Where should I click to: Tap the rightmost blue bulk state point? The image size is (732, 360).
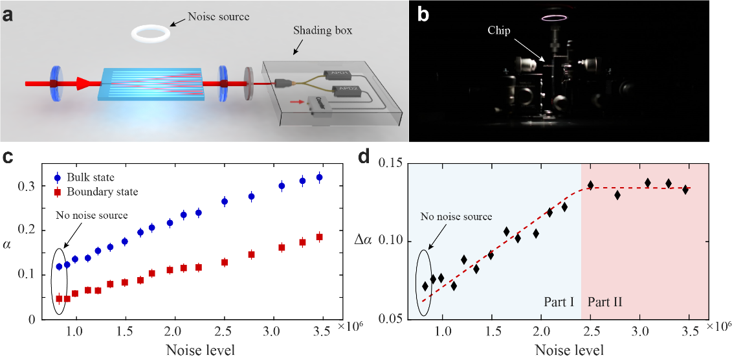click(x=319, y=177)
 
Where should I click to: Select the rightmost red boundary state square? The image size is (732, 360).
click(x=319, y=237)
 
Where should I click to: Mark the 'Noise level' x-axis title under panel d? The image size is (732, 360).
click(x=569, y=350)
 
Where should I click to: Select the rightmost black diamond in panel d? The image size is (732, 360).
click(x=685, y=190)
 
